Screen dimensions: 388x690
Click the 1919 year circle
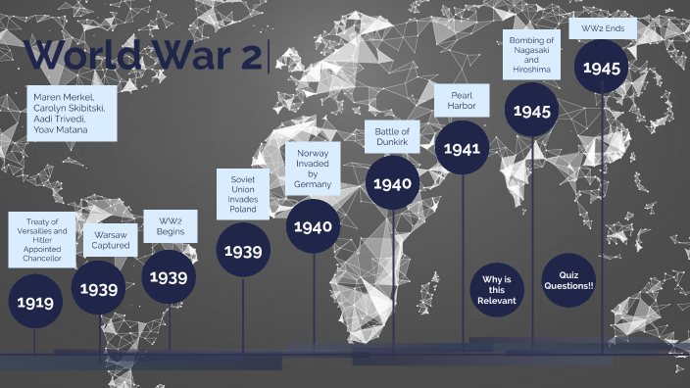tap(34, 301)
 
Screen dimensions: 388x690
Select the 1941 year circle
tap(462, 148)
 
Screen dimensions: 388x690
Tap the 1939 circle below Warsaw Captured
tap(99, 289)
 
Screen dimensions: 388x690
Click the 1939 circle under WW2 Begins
tap(169, 276)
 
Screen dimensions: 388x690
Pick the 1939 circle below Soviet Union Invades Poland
tap(243, 251)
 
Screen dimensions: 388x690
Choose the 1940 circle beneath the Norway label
tap(313, 226)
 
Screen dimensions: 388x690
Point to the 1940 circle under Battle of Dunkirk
tap(393, 183)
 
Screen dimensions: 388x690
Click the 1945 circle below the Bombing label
tap(532, 110)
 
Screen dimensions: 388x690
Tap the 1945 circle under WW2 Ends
tap(600, 67)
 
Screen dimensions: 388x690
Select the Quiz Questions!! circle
tap(568, 279)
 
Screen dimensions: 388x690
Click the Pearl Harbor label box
tap(462, 100)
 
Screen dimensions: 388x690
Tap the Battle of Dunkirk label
tap(392, 137)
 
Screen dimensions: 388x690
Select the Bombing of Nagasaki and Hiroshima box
tap(532, 55)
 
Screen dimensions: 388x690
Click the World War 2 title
tap(142, 56)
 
